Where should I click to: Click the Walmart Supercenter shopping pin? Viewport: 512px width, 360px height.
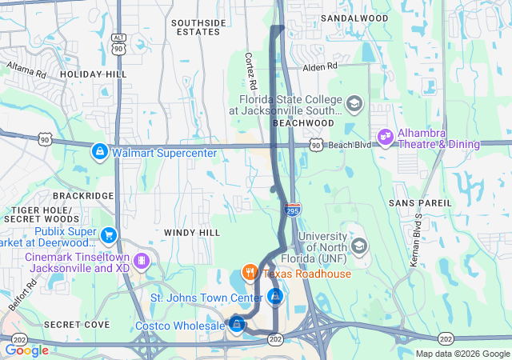(x=100, y=150)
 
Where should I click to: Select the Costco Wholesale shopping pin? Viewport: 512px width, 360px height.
(x=236, y=324)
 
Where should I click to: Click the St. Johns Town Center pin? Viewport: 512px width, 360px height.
(x=275, y=297)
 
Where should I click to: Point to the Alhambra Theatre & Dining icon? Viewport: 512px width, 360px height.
(x=385, y=138)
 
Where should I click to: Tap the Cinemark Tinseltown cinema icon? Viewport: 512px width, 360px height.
(x=141, y=261)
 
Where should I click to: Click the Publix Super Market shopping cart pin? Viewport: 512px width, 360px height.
(x=109, y=235)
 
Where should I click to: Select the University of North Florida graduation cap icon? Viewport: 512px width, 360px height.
(x=358, y=246)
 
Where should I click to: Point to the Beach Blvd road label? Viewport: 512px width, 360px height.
(x=350, y=145)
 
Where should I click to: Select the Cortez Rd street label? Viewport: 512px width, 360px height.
(x=250, y=71)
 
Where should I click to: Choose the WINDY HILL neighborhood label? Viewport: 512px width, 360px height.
(x=191, y=232)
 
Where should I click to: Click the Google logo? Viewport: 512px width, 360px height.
(x=27, y=350)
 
